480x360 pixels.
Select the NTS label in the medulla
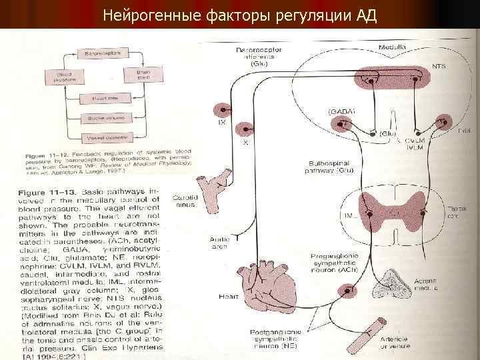pyautogui.click(x=439, y=67)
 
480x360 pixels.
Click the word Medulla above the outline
pyautogui.click(x=393, y=49)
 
